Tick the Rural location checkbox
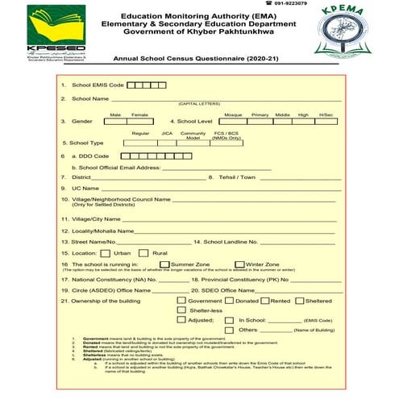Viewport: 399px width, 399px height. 145,252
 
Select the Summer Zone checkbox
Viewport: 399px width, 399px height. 164,264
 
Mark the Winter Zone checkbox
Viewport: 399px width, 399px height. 240,264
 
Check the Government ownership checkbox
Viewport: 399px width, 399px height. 181,300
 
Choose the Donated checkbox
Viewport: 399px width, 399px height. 229,300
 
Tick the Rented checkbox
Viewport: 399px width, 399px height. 264,300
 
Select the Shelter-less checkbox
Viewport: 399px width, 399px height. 181,310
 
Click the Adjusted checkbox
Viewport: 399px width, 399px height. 181,320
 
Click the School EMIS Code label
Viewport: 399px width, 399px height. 98,85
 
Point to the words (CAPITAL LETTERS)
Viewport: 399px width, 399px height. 199,104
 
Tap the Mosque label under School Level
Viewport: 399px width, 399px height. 233,114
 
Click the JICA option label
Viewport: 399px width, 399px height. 167,132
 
